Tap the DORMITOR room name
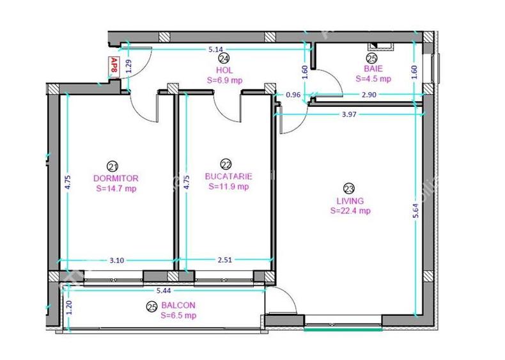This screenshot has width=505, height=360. (x=116, y=178)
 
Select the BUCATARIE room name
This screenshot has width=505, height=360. (x=228, y=176)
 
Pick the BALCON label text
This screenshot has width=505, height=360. (x=178, y=306)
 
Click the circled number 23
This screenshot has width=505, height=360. (x=349, y=189)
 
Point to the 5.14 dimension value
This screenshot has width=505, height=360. (x=216, y=49)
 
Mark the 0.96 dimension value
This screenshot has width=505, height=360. (x=293, y=95)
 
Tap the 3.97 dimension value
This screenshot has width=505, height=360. (x=348, y=114)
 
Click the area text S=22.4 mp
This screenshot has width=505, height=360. (x=350, y=210)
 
